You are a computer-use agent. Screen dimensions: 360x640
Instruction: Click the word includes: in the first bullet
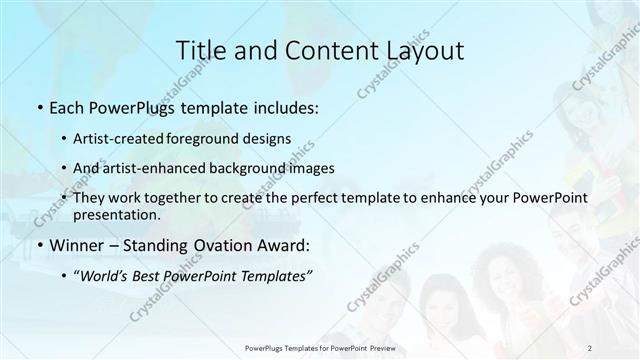[x=284, y=106]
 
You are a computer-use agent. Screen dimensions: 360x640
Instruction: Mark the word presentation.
[x=116, y=214]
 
